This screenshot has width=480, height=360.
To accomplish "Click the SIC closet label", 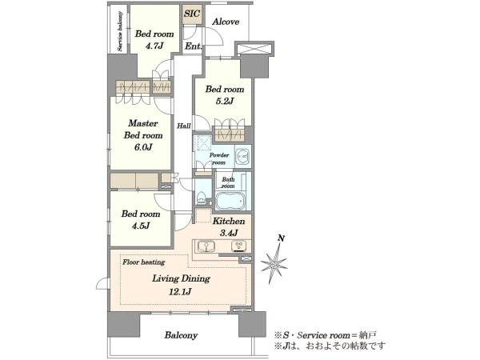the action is pyautogui.click(x=192, y=14).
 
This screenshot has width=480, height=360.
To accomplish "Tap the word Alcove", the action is pyautogui.click(x=226, y=22).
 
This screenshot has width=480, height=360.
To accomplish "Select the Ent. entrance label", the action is pyautogui.click(x=193, y=46).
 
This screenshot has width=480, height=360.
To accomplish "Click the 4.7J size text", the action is pyautogui.click(x=154, y=46).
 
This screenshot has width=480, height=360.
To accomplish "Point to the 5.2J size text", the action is pyautogui.click(x=225, y=101).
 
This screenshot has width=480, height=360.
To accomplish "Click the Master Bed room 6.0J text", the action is pyautogui.click(x=143, y=135).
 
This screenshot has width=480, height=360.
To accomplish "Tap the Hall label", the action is pyautogui.click(x=184, y=126).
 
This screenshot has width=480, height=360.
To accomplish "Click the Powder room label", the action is pyautogui.click(x=219, y=158).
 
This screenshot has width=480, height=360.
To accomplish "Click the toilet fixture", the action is pyautogui.click(x=202, y=198).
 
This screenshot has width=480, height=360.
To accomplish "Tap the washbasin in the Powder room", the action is pyautogui.click(x=243, y=156).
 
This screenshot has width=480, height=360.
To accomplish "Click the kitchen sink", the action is pyautogui.click(x=206, y=246).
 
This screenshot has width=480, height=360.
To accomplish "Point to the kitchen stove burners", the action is pyautogui.click(x=239, y=246).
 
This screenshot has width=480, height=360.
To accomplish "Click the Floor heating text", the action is pyautogui.click(x=143, y=262).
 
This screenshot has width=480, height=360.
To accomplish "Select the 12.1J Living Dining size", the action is pyautogui.click(x=180, y=291).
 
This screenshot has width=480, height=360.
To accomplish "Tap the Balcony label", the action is pyautogui.click(x=181, y=335).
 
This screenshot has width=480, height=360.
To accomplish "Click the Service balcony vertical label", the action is pyautogui.click(x=120, y=31).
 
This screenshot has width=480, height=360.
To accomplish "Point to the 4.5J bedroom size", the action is pyautogui.click(x=141, y=226).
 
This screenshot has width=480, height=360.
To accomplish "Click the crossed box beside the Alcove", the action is pyautogui.click(x=254, y=49).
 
